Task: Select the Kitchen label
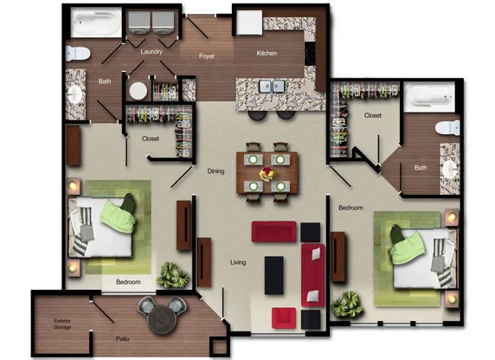267,53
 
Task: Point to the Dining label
215,171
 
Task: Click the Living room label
239,261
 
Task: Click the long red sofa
312,273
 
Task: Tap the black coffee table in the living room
274,274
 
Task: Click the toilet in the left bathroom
78,52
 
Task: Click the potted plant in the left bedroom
174,274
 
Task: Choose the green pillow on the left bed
119,212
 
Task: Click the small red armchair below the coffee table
284,318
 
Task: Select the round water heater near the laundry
137,90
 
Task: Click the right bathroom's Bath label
420,168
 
